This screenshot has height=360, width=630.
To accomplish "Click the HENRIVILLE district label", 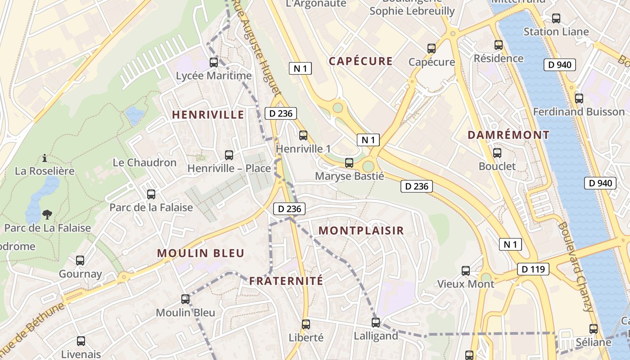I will tap(208, 115).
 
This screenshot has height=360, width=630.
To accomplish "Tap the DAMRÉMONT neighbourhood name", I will tap(508, 135).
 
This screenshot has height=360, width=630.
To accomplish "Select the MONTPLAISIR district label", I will tap(361, 231).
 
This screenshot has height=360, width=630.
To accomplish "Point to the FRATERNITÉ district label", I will tap(286, 281).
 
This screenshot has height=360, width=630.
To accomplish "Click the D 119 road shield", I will tap(533, 270).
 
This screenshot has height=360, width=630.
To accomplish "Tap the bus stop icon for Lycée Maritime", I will tap(214, 63).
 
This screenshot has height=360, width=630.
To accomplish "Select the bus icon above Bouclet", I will tap(497, 153).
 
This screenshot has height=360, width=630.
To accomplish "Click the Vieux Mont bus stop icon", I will tap(466, 271).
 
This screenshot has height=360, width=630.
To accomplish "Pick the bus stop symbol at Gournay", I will tap(80, 261).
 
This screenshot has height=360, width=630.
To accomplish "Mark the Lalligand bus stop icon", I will tap(376, 323).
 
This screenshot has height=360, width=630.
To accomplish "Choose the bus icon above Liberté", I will tap(306, 324).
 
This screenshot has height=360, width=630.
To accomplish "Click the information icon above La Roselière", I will tap(45, 158).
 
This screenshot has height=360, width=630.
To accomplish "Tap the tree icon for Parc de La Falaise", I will tap(47, 215).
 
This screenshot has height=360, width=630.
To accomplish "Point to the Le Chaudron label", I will tap(144, 162).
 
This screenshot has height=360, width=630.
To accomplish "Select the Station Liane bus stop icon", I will tap(556, 18).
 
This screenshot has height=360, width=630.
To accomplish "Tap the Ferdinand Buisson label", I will tap(579, 112).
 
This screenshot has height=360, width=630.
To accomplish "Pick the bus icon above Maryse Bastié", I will tap(349, 163).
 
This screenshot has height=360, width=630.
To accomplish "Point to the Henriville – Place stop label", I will tap(229, 168).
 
